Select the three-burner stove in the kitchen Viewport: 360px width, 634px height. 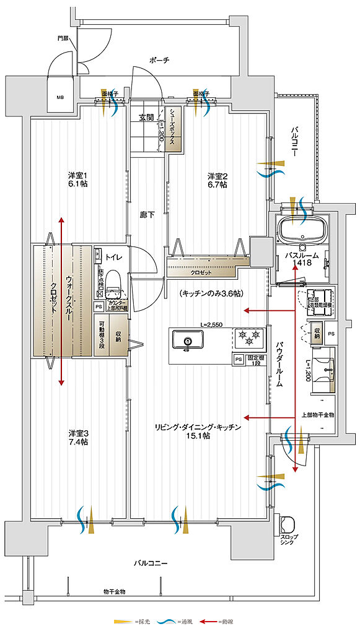[x=248, y=338]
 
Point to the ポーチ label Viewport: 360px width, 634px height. [x=159, y=60]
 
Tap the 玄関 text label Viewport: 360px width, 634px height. [x=146, y=117]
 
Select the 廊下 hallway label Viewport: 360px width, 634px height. [x=147, y=215]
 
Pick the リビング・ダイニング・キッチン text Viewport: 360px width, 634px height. [x=198, y=427]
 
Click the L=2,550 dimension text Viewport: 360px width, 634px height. [x=211, y=324]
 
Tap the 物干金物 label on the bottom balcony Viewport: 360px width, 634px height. [x=114, y=592]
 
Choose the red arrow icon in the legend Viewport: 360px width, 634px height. [x=214, y=621]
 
